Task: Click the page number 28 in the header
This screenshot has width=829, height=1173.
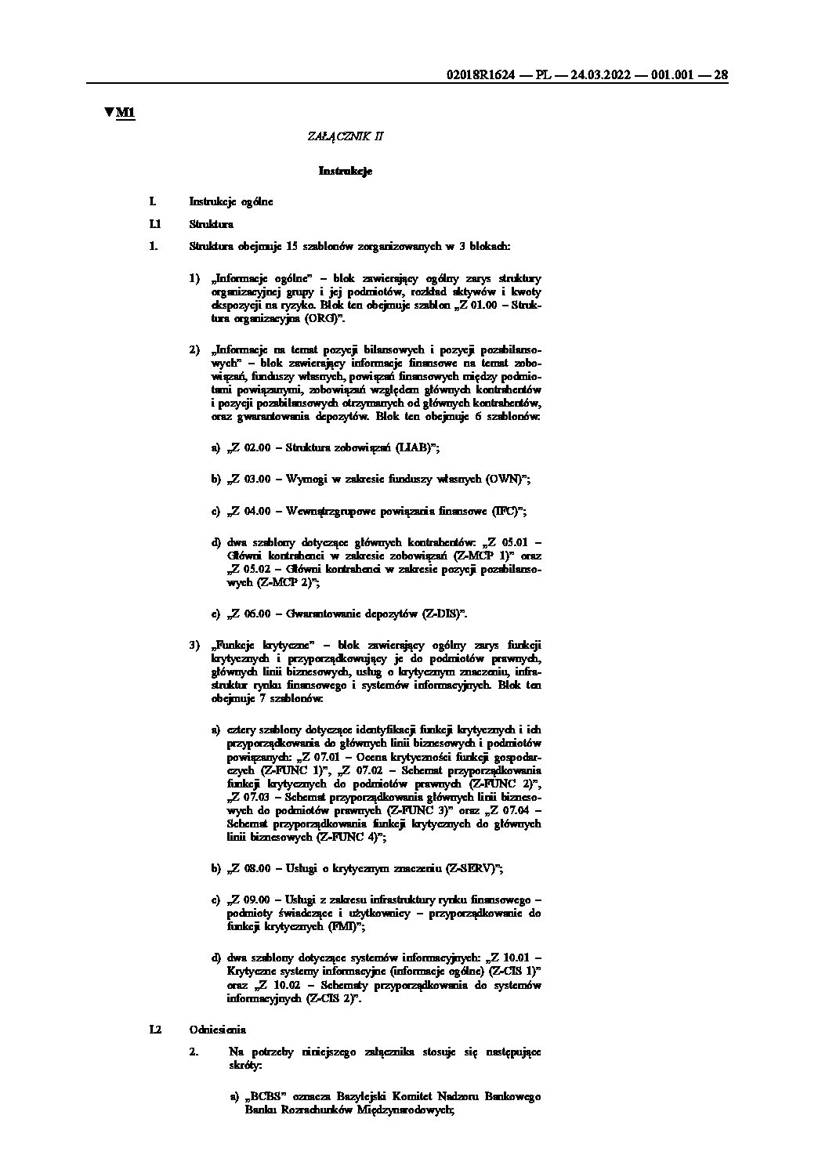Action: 721,75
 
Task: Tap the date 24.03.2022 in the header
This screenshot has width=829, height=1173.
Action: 602,75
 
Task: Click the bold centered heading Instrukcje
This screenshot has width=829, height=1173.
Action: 346,171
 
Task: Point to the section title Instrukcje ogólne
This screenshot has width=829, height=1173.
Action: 231,202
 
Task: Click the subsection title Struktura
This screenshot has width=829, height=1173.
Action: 212,224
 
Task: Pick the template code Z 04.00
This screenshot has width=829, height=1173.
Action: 251,511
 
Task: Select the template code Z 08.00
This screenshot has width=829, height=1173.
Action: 251,868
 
